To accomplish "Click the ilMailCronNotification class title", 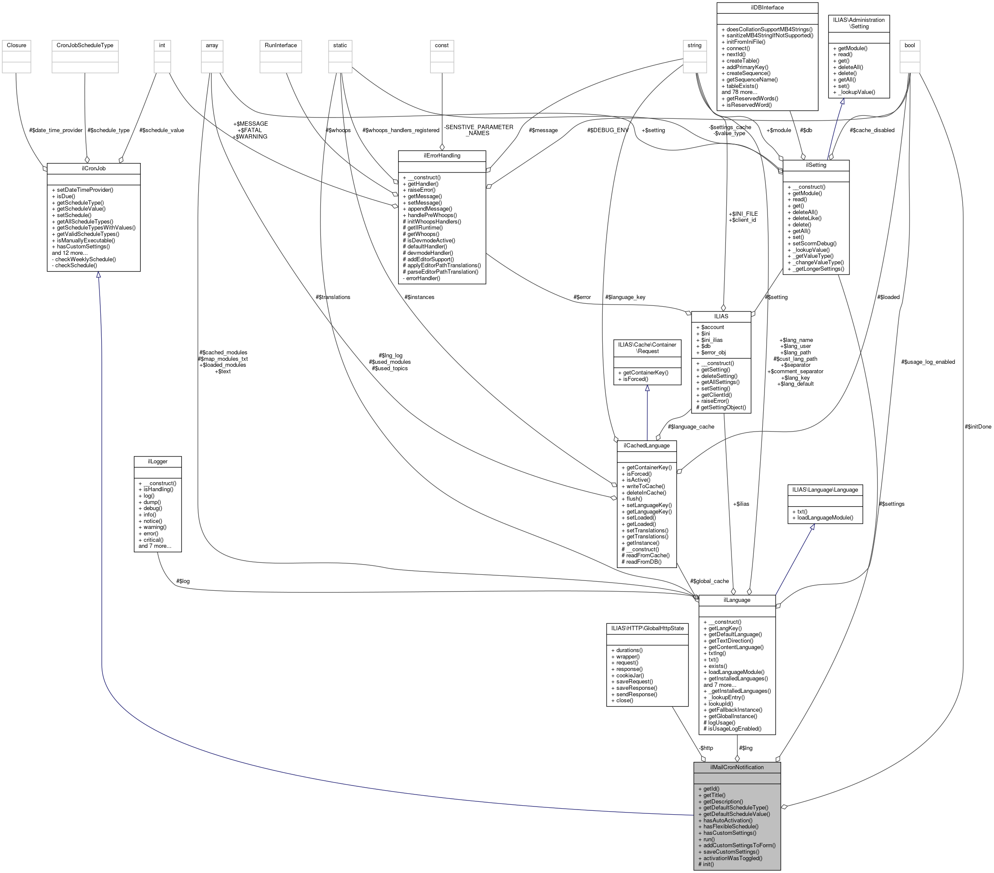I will pos(736,767).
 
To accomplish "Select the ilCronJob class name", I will pos(94,168).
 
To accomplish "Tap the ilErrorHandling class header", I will pos(441,156).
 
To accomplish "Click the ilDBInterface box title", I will pos(767,8).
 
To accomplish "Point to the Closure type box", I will pos(17,45).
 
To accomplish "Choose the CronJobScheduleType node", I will pos(85,45).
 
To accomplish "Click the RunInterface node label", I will pos(281,45).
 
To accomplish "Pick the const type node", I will pos(441,45).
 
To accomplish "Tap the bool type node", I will pos(909,45).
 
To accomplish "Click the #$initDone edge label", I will pos(977,426).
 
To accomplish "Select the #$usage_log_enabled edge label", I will pos(928,362).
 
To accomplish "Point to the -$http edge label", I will pos(705,748).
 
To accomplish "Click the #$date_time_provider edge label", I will pos(55,130).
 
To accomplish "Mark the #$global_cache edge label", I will pos(709,581).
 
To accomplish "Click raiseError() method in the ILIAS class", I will pos(714,401).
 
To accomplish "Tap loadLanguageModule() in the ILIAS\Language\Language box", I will pos(825,517).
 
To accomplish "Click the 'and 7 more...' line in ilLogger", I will pos(154,546).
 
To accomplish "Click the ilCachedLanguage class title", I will pos(647,445).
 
